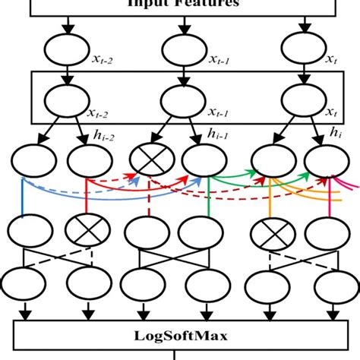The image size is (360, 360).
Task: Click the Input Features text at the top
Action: click(180, 4)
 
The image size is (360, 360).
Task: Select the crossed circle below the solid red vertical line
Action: click(84, 228)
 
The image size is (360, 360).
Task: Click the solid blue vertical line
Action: click(24, 197)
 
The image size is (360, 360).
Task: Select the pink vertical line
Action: click(330, 199)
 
